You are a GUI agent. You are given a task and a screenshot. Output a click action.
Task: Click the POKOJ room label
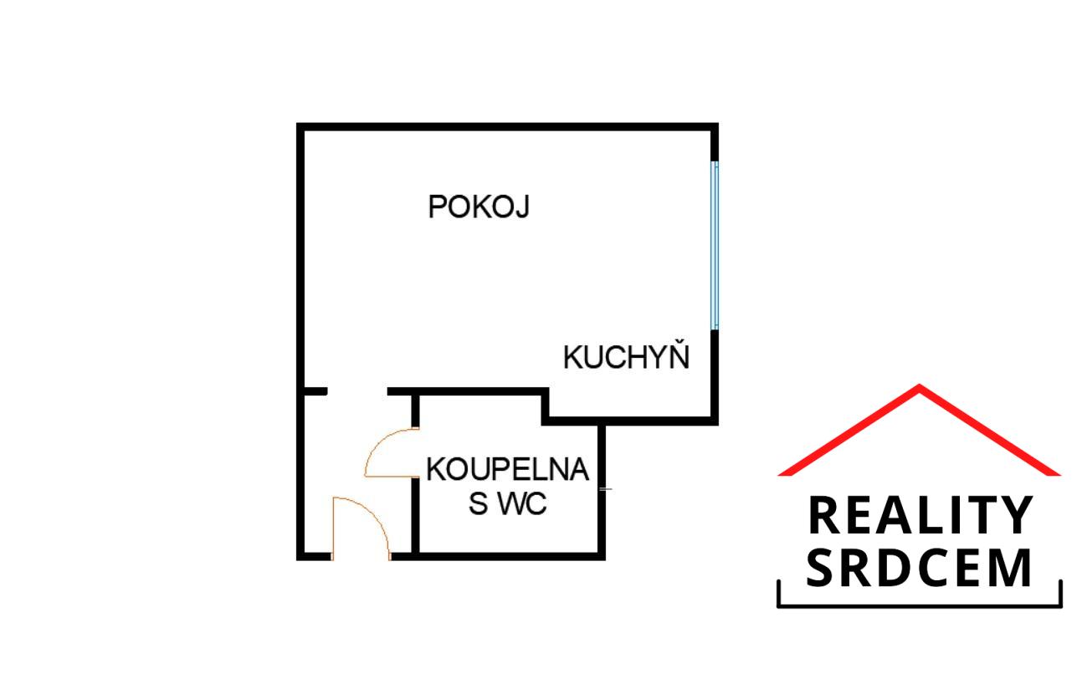[x=479, y=207]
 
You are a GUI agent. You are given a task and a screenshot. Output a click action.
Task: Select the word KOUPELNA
[x=508, y=470]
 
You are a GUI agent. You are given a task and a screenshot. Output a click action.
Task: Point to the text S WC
[x=508, y=504]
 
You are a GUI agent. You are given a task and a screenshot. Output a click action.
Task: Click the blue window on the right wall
[x=715, y=246]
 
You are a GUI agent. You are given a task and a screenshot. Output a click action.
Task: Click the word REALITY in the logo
[x=920, y=515]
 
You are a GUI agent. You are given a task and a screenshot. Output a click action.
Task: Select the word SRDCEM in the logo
[x=919, y=568]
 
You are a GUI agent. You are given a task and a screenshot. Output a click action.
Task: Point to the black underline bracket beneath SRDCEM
[x=920, y=606]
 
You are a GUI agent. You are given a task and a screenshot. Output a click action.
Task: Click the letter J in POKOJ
[x=522, y=207]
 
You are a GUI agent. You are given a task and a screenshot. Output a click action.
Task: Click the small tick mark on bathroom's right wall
[x=606, y=489]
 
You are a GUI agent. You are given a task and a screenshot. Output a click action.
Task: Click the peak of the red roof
[x=919, y=386]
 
